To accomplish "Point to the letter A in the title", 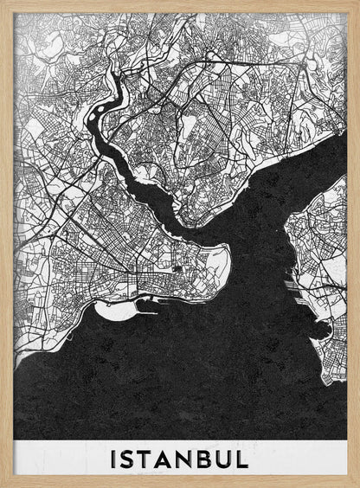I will coord(171,459).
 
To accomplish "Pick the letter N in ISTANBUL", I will coord(193,459).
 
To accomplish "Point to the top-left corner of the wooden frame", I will coord(3,3).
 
